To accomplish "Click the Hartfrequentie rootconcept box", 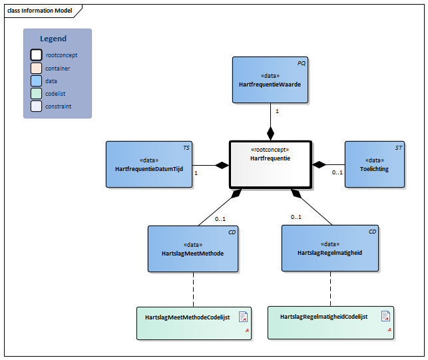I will point(270,164).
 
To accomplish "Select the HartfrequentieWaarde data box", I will point(270,80).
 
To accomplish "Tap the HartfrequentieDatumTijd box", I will point(148,164).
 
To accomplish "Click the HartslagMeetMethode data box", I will point(192,249).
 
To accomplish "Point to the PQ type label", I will point(301,63).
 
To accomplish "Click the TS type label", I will point(186,147).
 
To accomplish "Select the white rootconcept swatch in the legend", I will point(36,56).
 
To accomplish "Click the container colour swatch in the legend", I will point(36,69).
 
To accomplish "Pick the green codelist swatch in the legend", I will point(36,94).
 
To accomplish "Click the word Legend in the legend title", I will point(53,39).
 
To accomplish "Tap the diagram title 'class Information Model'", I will point(40,11).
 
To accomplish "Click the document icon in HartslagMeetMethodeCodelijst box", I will point(243,317).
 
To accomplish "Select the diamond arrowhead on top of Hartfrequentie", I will point(270,133).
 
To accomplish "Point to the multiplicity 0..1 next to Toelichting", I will point(337,172).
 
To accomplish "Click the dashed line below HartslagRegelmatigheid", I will point(330,289).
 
